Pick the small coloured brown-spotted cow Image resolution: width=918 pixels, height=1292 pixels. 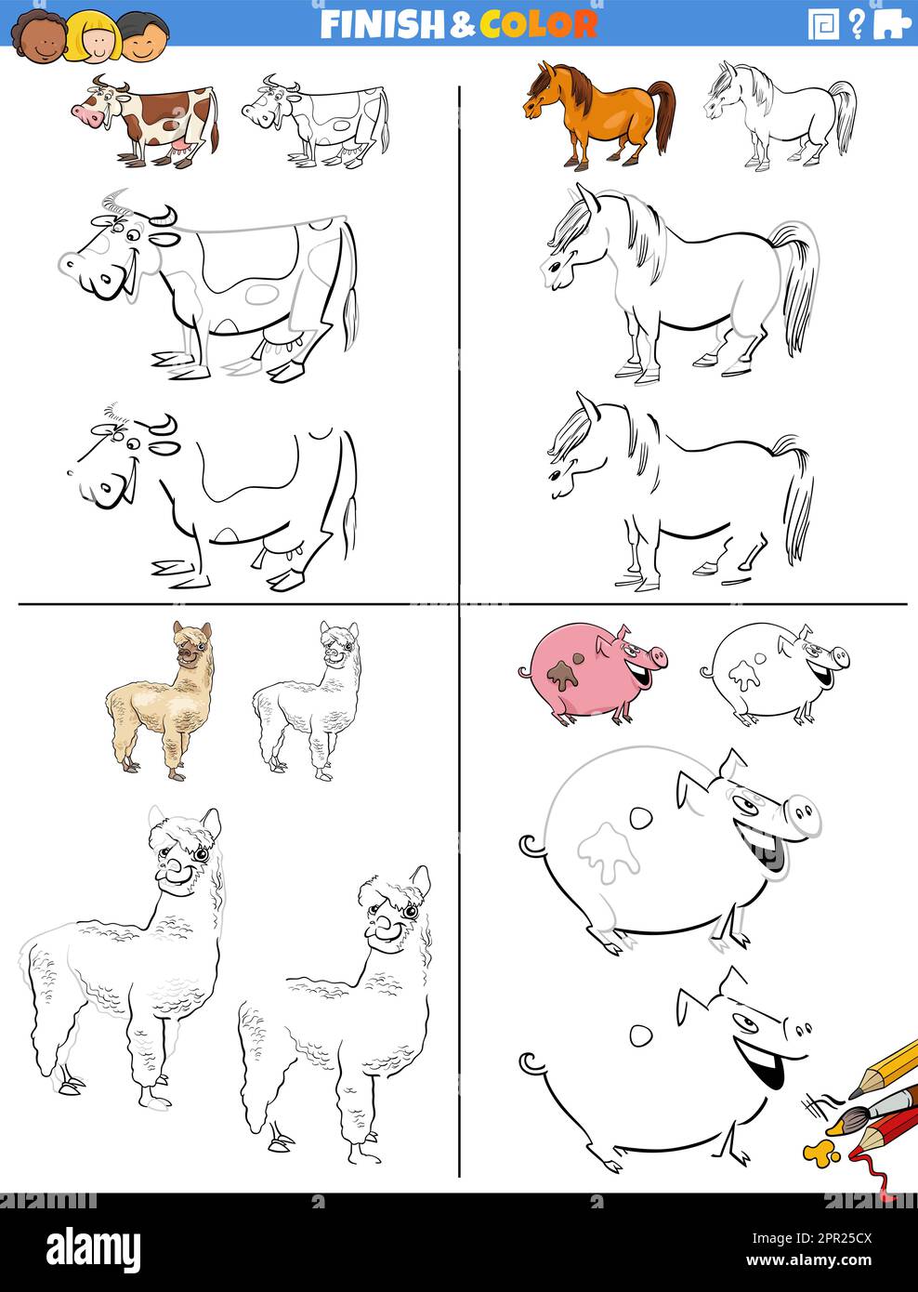149,121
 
